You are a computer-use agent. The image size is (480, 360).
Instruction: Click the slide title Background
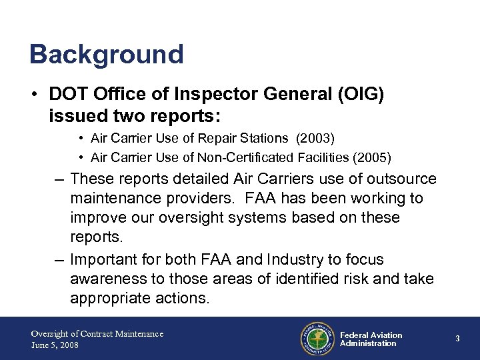coord(106,55)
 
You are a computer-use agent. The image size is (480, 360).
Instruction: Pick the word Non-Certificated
coord(250,157)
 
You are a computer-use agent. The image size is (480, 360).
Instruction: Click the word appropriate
coord(113,299)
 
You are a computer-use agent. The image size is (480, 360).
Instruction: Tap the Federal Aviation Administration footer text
coord(371,339)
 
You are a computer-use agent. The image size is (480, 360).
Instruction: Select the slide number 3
coord(457,339)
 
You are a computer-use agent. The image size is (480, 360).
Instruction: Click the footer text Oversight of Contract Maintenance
coord(97,333)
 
